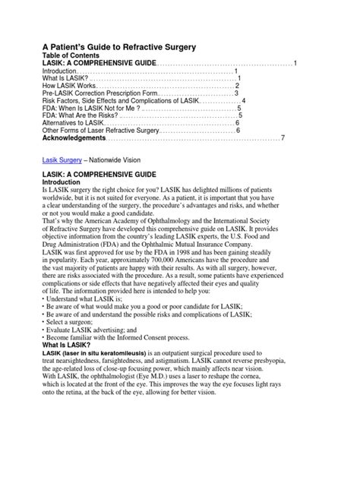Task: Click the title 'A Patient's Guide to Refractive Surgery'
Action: [x=118, y=46]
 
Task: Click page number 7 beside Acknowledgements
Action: [x=283, y=138]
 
